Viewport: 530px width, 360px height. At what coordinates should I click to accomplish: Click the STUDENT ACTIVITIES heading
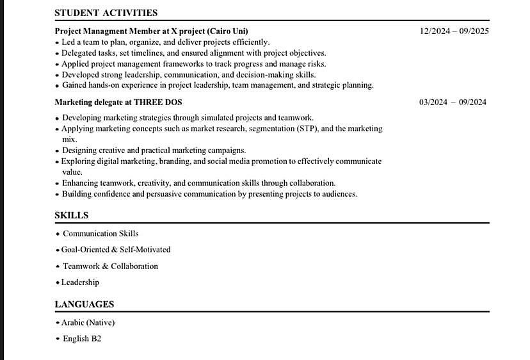pos(106,13)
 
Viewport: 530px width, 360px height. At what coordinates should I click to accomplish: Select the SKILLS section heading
pos(71,215)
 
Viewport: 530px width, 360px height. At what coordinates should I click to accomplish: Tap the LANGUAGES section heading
pos(84,304)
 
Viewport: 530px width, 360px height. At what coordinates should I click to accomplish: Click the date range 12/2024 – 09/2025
pos(454,31)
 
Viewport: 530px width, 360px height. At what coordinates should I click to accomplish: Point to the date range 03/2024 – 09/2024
pos(453,102)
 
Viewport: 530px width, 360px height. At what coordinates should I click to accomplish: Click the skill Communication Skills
pos(100,234)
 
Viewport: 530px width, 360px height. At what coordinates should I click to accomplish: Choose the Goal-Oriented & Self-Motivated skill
pos(116,250)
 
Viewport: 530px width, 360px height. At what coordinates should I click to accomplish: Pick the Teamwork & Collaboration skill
pos(110,266)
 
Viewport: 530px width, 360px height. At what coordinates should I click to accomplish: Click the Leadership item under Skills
pos(80,282)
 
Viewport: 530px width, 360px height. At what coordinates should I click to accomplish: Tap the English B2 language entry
pos(82,339)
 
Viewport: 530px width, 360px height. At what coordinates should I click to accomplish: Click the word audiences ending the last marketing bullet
pos(339,194)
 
